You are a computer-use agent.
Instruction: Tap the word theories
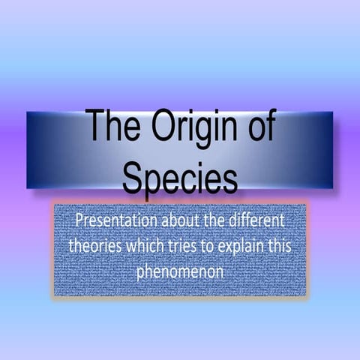(95, 246)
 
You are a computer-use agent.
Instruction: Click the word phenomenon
(180, 271)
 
